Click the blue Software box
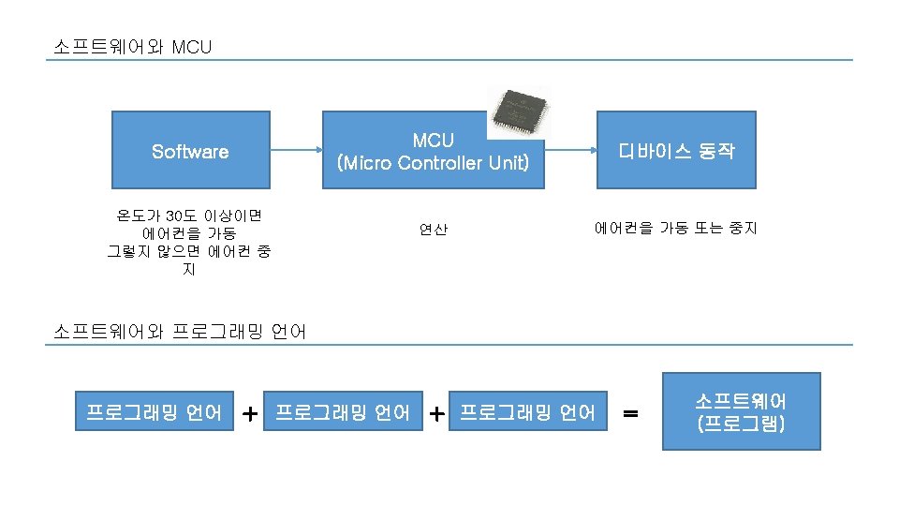(x=191, y=150)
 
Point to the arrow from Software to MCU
(x=296, y=150)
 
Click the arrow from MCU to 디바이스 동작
(x=571, y=150)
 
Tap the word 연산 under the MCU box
(x=434, y=229)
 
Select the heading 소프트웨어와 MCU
(x=133, y=46)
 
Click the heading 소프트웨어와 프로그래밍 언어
(x=180, y=331)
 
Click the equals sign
(x=632, y=412)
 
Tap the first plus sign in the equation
(x=250, y=412)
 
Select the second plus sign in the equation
(x=436, y=412)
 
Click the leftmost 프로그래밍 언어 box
(x=155, y=412)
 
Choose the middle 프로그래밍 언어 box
(x=342, y=412)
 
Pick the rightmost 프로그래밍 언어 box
(x=527, y=412)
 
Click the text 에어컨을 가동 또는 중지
(x=675, y=228)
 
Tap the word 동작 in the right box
(x=716, y=151)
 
